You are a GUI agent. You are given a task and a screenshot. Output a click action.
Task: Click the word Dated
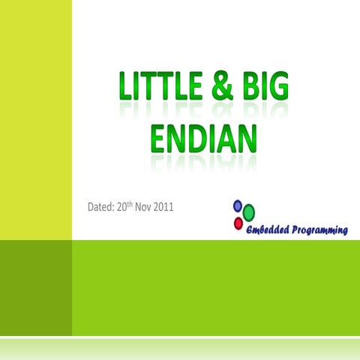tap(103, 206)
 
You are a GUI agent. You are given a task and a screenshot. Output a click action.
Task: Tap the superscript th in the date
tap(136, 203)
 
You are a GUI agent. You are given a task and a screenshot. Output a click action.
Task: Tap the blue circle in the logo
tap(238, 205)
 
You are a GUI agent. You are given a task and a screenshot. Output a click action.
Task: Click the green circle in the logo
tap(249, 212)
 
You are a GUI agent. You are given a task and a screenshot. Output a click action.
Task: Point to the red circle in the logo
tap(238, 223)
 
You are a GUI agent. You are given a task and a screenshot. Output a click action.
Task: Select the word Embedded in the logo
tap(270, 229)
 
